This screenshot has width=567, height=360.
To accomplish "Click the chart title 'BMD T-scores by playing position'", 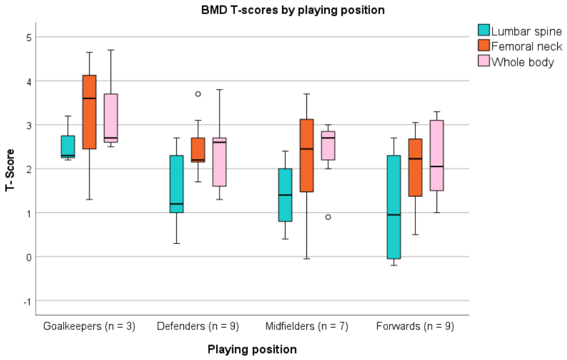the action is pos(293,10).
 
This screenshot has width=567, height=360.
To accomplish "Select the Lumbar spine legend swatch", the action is pos(483,30).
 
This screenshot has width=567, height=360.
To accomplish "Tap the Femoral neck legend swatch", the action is pos(483,45).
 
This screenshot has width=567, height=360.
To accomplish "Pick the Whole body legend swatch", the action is pos(483,61).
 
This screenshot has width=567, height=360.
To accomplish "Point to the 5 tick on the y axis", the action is pos(29,37).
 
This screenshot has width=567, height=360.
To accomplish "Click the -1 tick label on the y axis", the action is pos(27,301).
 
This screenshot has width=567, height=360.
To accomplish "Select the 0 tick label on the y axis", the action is pos(29,257).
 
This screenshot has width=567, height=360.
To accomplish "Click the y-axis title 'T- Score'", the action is pos(10,170).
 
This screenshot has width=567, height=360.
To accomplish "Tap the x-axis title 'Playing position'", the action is pos(252,349).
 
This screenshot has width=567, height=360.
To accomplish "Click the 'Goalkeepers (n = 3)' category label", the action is pos(90,326).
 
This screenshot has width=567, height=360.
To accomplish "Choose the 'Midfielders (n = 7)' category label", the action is pos(306,326).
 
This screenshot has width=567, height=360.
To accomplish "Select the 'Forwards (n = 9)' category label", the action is pos(415,326).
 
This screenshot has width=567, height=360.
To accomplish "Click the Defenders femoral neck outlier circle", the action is pos(198,94).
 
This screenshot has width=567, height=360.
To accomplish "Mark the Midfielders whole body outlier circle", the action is pos(328,217).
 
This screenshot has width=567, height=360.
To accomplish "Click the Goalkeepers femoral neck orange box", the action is pos(90,112).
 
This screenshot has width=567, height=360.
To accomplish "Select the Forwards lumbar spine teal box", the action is pos(394,207).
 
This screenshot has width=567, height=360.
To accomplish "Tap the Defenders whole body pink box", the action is pos(220,162).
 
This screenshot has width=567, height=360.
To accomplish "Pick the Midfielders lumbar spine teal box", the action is pos(285,195).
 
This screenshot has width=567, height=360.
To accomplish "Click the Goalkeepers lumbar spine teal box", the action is pos(68,146).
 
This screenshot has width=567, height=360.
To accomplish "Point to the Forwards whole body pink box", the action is pos(437,155).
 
